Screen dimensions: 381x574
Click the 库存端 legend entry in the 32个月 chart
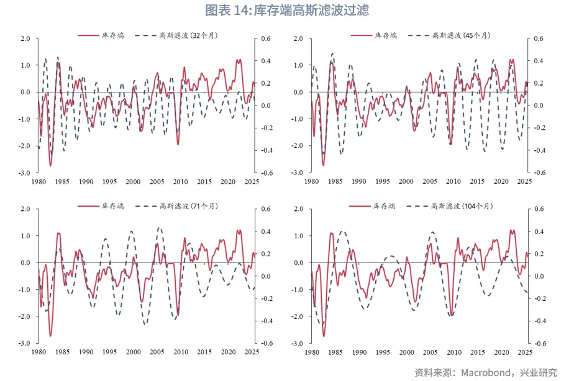point(112,35)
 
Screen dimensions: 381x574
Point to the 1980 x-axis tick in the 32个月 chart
point(39,182)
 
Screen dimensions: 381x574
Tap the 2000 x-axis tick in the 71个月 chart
point(133,352)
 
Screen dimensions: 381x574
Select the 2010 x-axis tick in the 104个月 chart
point(453,352)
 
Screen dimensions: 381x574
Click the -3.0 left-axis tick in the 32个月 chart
point(25,173)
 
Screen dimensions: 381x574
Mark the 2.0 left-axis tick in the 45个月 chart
point(298,38)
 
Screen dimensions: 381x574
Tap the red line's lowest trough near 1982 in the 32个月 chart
point(50,166)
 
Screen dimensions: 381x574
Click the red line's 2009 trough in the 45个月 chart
point(450,144)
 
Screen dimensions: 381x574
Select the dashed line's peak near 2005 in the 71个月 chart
point(160,228)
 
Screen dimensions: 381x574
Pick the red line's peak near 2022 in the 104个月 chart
point(512,230)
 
